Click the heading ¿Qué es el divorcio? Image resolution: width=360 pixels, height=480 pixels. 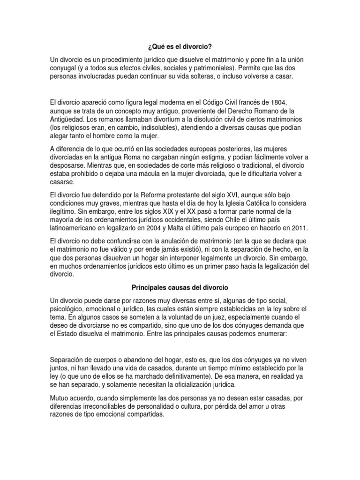pos(180,47)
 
